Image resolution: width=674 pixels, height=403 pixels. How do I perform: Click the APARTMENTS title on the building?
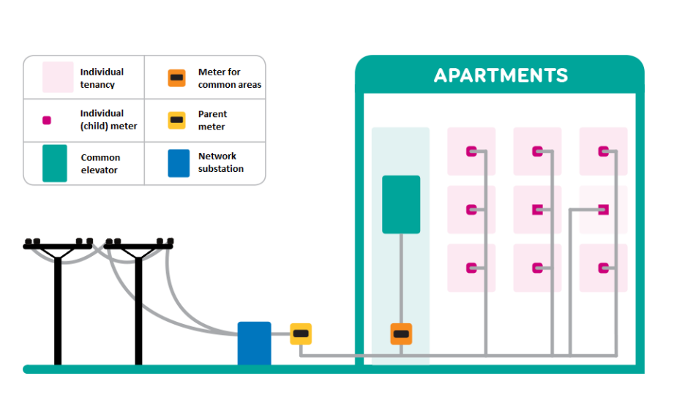click(x=501, y=75)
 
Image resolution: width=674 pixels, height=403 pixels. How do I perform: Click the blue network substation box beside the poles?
click(x=254, y=343)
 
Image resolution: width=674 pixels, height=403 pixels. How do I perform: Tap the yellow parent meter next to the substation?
click(x=301, y=334)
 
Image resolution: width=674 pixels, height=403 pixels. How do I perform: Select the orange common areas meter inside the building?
click(x=401, y=334)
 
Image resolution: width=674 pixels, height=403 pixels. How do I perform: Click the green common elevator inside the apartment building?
click(x=401, y=205)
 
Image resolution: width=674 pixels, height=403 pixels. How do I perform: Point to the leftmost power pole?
click(x=58, y=300)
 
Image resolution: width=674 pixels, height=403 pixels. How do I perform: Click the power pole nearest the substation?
click(x=138, y=300)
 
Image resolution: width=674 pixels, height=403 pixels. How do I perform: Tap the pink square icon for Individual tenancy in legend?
click(x=58, y=78)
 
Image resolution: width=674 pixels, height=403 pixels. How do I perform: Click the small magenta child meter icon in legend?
click(x=47, y=120)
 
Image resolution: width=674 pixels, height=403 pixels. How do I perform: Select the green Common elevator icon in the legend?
click(x=55, y=163)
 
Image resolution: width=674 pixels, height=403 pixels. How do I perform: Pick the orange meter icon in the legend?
click(x=176, y=78)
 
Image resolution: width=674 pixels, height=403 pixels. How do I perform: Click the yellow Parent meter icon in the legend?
click(x=176, y=120)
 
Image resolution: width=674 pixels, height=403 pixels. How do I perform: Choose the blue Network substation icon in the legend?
click(x=179, y=163)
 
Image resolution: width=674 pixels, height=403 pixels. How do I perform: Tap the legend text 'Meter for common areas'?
click(x=229, y=78)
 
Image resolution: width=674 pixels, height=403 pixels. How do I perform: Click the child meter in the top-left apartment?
click(x=471, y=151)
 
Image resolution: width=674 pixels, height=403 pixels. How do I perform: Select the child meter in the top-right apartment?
click(x=603, y=151)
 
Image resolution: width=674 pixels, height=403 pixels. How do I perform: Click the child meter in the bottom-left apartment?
click(x=471, y=268)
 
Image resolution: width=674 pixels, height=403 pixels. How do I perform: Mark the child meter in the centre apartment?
click(x=537, y=210)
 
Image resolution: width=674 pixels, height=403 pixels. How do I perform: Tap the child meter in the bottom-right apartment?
click(x=603, y=268)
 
